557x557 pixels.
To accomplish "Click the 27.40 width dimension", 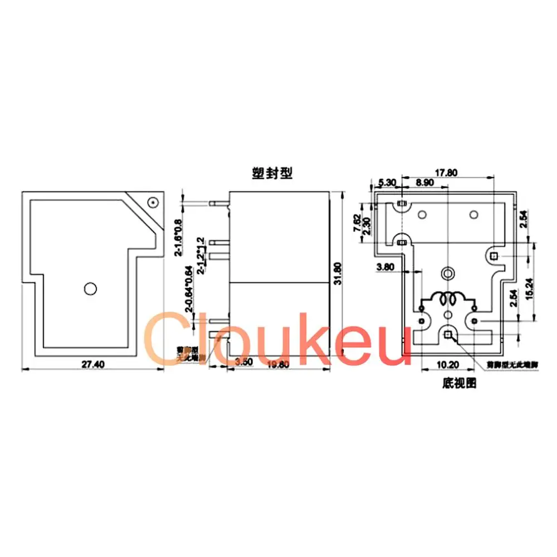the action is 93,364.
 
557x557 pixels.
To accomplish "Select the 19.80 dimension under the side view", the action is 278,365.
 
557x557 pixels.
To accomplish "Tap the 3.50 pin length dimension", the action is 244,362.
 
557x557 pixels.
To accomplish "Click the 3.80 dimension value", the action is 386,267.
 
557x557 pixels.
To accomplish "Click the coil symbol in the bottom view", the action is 448,299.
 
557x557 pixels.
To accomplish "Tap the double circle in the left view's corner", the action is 152,202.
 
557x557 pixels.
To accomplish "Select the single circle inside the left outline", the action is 89,288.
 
